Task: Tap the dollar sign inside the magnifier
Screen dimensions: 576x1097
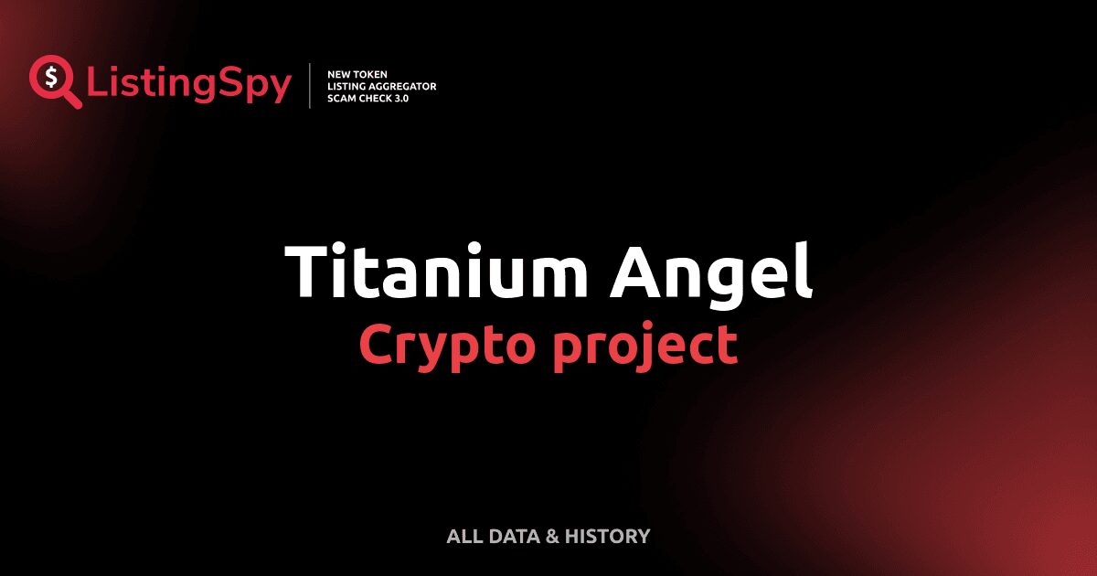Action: [x=50, y=78]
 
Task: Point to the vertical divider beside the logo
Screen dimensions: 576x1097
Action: [x=311, y=86]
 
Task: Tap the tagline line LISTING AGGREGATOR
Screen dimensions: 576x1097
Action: [x=381, y=86]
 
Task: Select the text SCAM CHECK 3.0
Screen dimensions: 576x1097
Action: [x=367, y=98]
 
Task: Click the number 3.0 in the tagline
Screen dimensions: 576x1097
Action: [x=400, y=98]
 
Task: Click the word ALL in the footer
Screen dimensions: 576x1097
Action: [x=464, y=537]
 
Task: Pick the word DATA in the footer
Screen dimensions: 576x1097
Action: [x=514, y=537]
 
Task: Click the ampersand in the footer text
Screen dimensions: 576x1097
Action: [x=551, y=537]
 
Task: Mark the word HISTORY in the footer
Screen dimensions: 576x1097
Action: [x=607, y=537]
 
